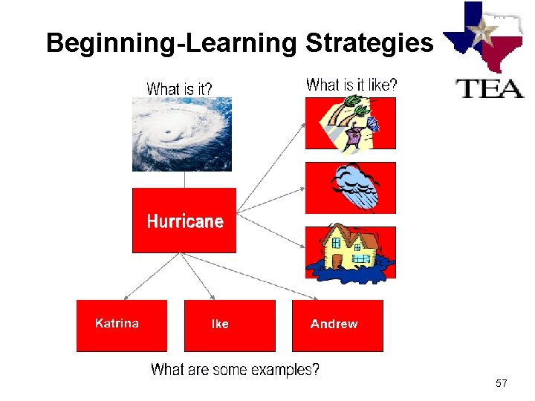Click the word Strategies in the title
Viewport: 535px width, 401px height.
[x=369, y=43]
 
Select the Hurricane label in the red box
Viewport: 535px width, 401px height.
[x=184, y=221]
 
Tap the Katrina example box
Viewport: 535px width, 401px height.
[x=122, y=325]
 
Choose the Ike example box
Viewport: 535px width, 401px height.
[x=229, y=325]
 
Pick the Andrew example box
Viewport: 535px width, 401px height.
[x=337, y=325]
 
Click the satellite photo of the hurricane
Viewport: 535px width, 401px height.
[x=182, y=134]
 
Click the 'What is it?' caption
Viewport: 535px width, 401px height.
[x=179, y=88]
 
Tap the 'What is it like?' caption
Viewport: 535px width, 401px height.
[x=351, y=85]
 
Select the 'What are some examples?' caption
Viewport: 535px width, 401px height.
[x=235, y=369]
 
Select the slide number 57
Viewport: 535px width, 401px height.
[x=501, y=383]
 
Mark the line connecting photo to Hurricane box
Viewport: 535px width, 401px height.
[x=184, y=179]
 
